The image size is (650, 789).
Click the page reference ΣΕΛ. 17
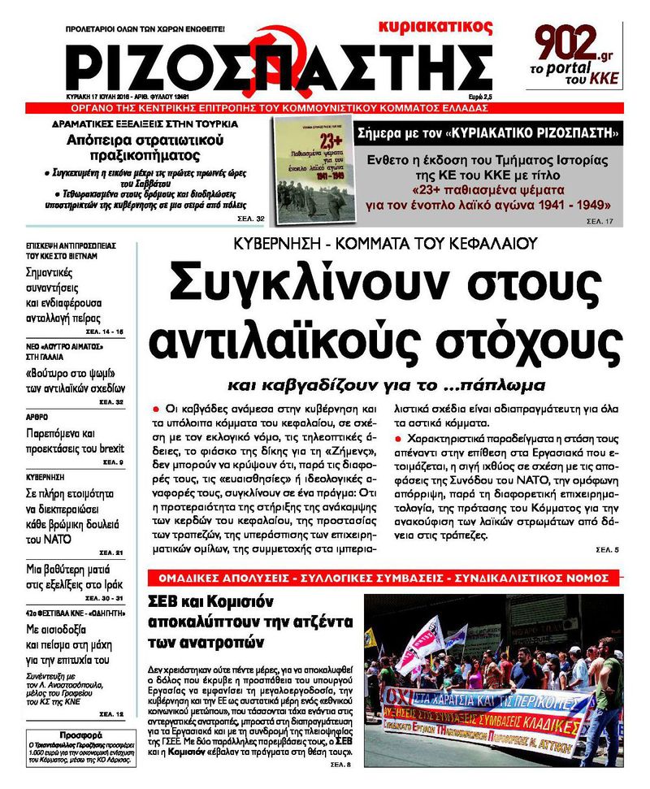[600, 220]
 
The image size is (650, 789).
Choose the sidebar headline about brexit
[74, 440]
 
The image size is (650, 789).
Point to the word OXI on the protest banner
[396, 697]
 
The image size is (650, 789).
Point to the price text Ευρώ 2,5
[474, 97]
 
